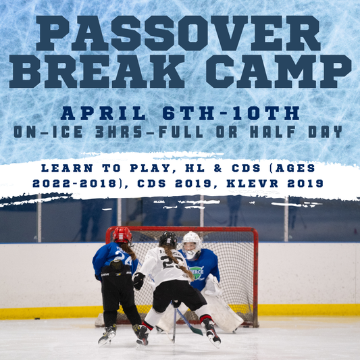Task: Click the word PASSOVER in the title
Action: click(x=180, y=34)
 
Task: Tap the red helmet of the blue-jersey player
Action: click(x=122, y=234)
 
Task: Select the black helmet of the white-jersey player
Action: click(x=168, y=240)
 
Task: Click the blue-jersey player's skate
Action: click(x=107, y=334)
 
